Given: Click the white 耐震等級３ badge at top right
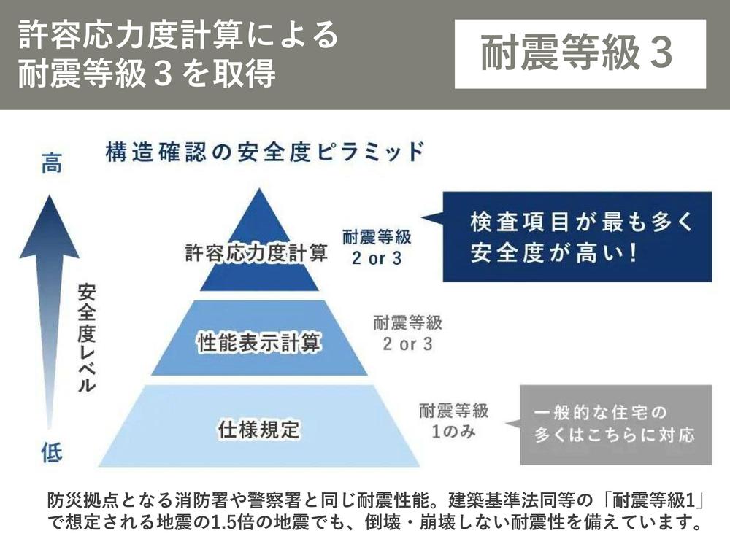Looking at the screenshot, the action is pos(580,54).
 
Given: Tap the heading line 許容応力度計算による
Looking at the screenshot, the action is pos(178,35).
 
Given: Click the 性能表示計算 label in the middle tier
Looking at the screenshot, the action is pos(259,341).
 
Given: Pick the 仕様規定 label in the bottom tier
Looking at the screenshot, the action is pos(259,429).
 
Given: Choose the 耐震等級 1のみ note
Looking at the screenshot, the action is pos(454,420).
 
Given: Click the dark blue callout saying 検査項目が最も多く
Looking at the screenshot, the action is pos(577,236).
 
